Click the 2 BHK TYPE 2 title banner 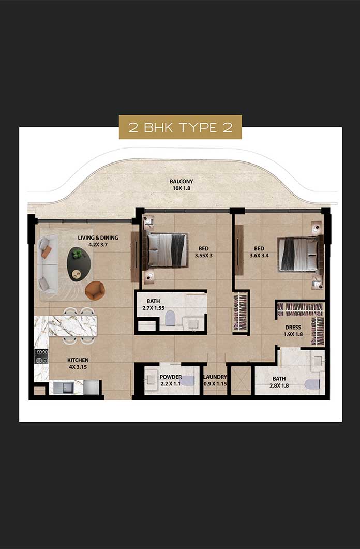[180, 127]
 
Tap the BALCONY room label [181, 182]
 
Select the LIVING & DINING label [98, 238]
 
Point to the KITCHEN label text [78, 360]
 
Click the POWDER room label [171, 377]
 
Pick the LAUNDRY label [215, 377]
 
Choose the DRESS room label [293, 328]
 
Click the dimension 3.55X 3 [204, 255]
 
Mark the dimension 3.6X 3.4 [259, 255]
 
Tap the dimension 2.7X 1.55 [153, 308]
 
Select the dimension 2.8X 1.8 [279, 385]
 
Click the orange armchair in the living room [95, 291]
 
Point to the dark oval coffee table [79, 263]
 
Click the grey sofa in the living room [48, 264]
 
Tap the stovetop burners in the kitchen [41, 356]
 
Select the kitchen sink [66, 387]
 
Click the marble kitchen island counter [65, 325]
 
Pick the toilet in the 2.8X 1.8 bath [312, 384]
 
